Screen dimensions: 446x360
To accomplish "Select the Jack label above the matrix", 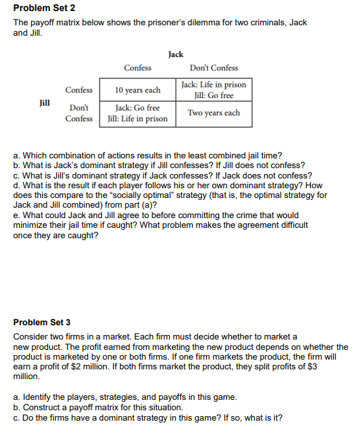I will pyautogui.click(x=175, y=55).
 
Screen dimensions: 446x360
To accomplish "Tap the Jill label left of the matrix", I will pyautogui.click(x=45, y=102).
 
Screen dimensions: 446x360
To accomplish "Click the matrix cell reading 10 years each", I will pyautogui.click(x=138, y=90).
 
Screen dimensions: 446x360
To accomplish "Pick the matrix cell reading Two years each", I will pyautogui.click(x=213, y=113).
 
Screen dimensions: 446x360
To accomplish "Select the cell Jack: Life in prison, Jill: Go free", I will pyautogui.click(x=213, y=90).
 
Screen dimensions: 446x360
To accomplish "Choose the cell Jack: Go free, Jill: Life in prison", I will pyautogui.click(x=138, y=113).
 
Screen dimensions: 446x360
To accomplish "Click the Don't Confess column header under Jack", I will pyautogui.click(x=213, y=68).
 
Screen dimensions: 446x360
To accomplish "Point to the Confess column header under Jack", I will pyautogui.click(x=138, y=68).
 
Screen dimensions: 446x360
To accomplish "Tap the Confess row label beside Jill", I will pyautogui.click(x=78, y=90).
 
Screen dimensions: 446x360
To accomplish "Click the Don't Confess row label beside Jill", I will pyautogui.click(x=78, y=113).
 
